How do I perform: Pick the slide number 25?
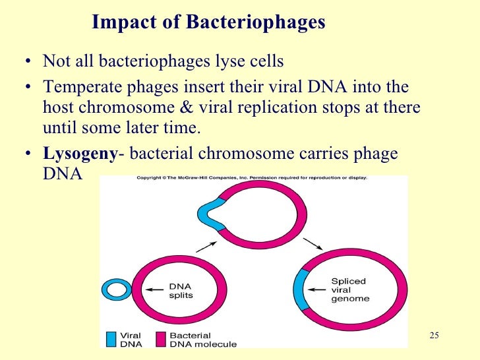(433, 336)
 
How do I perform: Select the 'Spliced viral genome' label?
(349, 289)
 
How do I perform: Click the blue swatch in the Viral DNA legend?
(111, 339)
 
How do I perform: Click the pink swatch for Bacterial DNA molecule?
(160, 339)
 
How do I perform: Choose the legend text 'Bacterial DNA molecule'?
(202, 340)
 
